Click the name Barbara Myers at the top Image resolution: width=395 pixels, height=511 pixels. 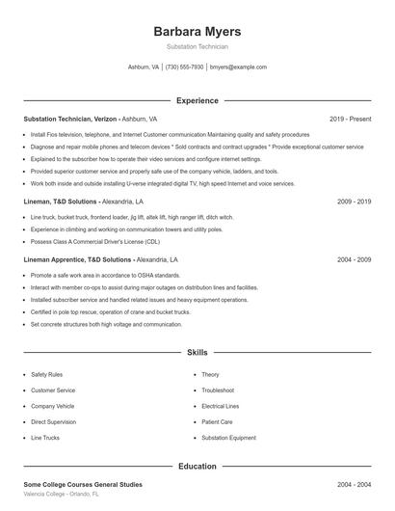pyautogui.click(x=197, y=31)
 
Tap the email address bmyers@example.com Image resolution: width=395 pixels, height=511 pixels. pyautogui.click(x=238, y=67)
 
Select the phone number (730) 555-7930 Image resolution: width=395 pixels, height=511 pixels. pyautogui.click(x=184, y=67)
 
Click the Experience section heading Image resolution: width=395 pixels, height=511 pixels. pyautogui.click(x=197, y=100)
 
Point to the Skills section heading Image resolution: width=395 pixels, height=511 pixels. pyautogui.click(x=197, y=354)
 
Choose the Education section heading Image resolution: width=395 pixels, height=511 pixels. pyautogui.click(x=197, y=467)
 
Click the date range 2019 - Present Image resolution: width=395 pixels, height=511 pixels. pyautogui.click(x=350, y=119)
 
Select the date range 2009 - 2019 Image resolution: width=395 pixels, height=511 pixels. pyautogui.click(x=354, y=202)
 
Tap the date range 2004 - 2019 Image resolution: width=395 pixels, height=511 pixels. pyautogui.click(x=354, y=259)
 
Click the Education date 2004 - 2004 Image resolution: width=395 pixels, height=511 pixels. pyautogui.click(x=354, y=484)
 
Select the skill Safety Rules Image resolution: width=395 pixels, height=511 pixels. pyautogui.click(x=47, y=374)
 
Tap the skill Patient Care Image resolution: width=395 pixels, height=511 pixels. pyautogui.click(x=217, y=421)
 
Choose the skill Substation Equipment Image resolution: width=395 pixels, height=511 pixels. pyautogui.click(x=228, y=438)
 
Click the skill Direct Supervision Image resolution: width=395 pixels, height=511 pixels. pyautogui.click(x=54, y=421)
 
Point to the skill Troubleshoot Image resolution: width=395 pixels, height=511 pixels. pyautogui.click(x=218, y=390)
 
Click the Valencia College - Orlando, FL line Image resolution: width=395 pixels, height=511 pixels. pyautogui.click(x=62, y=494)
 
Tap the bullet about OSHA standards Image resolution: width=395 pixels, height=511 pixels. pyautogui.click(x=105, y=276)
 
